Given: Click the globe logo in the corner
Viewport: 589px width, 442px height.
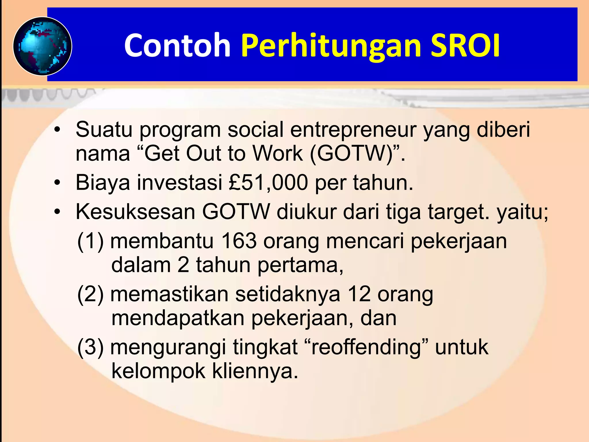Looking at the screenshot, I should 43,46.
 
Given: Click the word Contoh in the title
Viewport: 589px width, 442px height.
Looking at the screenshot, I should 177,45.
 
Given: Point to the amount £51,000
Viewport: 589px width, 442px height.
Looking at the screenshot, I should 268,183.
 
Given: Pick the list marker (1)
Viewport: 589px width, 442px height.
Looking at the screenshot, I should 91,241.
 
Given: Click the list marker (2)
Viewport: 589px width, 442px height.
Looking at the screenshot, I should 91,294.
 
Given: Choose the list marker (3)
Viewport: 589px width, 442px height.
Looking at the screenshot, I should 91,347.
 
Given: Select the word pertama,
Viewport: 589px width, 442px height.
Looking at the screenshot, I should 300,265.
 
